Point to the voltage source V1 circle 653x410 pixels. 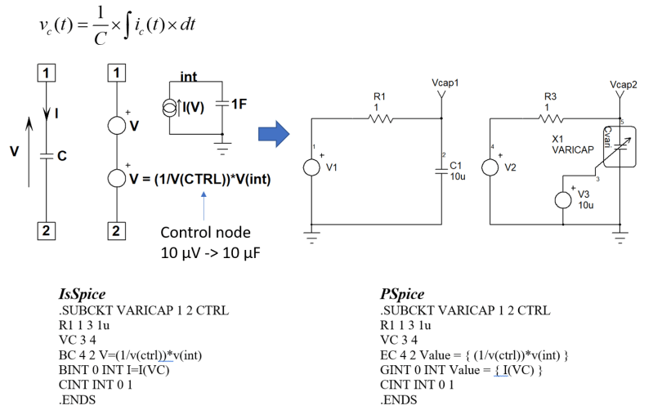(x=312, y=167)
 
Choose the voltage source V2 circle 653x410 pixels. (x=490, y=167)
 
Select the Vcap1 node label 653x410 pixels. (x=444, y=83)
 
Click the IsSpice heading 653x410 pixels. (x=83, y=294)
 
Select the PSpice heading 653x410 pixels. (x=402, y=294)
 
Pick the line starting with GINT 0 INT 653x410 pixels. (x=462, y=370)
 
